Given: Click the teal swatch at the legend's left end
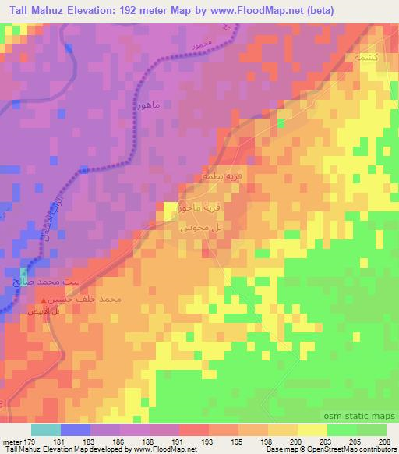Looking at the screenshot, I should coord(46,430).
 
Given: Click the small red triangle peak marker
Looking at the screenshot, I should coord(43,300).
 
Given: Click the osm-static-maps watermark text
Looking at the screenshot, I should coord(362,415).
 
